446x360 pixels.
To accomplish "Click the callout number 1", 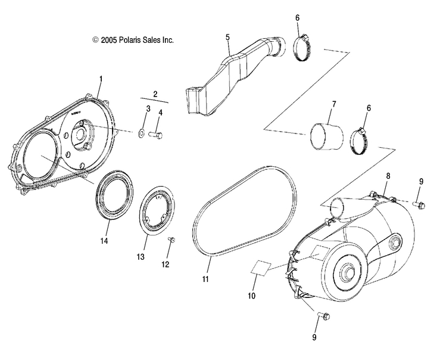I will coord(101,79).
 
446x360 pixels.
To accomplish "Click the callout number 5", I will coord(227,37).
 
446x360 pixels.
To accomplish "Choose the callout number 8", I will coord(388,176).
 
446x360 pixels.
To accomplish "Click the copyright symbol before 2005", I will coord(95,41).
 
